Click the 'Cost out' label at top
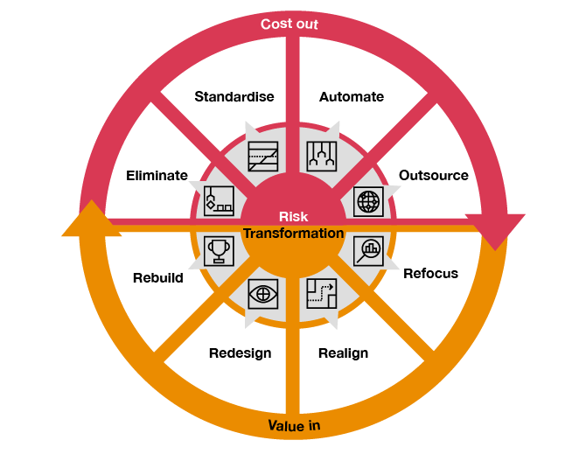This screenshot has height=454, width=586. coord(290,24)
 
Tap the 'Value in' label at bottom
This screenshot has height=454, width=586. coord(294,426)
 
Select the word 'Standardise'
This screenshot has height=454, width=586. coord(234,96)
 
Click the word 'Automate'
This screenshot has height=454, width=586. coord(352,96)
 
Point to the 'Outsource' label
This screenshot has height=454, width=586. coord(434,175)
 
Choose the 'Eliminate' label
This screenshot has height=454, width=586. coord(157,175)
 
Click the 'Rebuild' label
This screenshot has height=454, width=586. coord(158,278)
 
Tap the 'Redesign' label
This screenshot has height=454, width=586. coord(240,353)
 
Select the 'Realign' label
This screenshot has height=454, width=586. coord(343,353)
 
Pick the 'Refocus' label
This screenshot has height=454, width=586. coord(430,274)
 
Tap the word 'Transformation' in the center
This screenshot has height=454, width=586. coord(293,234)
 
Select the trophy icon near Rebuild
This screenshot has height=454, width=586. coord(219,250)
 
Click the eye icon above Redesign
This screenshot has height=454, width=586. coord(262,292)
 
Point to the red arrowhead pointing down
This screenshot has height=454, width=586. coord(495,231)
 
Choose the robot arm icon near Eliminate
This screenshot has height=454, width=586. coord(219,201)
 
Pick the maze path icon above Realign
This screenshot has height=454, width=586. coord(321,293)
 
